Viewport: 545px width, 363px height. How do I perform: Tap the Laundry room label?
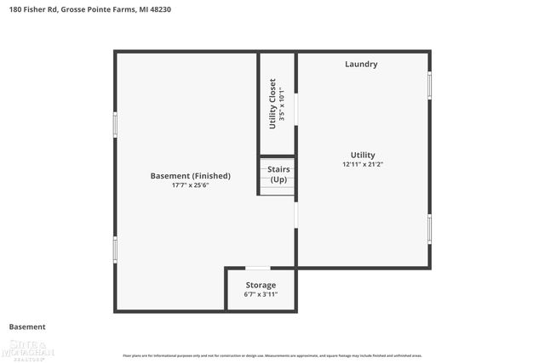click(x=361, y=65)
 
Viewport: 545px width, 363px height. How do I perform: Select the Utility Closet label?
click(x=272, y=104)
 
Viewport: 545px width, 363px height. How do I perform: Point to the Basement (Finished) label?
click(x=190, y=176)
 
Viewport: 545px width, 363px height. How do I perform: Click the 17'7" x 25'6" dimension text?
click(x=190, y=185)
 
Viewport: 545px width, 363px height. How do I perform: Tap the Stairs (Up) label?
click(x=278, y=174)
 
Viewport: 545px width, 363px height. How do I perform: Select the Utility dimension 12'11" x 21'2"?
click(x=363, y=164)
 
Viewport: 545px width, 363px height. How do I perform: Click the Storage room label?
click(x=261, y=285)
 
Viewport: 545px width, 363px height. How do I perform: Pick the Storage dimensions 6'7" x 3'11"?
click(x=261, y=294)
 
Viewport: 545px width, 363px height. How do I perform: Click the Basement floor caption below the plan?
click(x=27, y=326)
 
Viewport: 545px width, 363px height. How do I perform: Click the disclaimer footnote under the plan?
click(x=272, y=355)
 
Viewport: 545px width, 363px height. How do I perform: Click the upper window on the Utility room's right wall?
click(x=429, y=85)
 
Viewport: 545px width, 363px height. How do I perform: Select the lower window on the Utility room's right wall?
click(x=429, y=228)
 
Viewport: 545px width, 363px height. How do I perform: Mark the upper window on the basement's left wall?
click(x=115, y=123)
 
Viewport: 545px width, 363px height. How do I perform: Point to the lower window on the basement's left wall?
click(x=115, y=248)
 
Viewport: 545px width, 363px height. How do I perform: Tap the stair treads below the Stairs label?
click(x=278, y=189)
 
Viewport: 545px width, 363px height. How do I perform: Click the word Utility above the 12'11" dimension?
click(x=363, y=155)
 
